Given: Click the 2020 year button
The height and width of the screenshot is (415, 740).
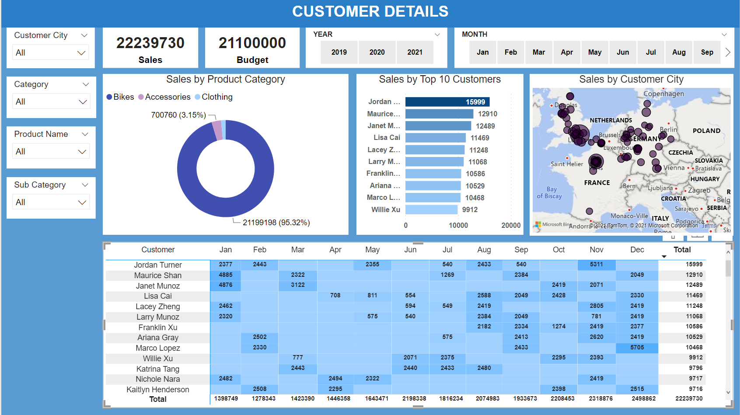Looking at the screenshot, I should (x=377, y=52).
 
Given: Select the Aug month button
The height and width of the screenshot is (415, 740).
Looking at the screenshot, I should (x=679, y=52).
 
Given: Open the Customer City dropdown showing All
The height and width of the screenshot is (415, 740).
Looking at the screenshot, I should (x=51, y=53).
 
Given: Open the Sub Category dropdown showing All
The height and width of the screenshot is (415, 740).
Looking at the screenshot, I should (x=51, y=202).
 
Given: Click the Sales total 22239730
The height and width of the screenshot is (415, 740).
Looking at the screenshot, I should (x=150, y=43).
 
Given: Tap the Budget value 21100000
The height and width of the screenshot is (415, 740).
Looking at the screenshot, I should (x=252, y=43).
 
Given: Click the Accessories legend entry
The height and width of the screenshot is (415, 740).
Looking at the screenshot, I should (x=164, y=97).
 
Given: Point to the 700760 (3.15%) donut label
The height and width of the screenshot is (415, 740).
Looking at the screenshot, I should (x=178, y=115).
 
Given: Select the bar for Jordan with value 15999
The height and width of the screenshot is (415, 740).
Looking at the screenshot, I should (x=447, y=102).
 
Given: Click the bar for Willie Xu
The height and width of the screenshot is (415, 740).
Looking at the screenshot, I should (x=431, y=209).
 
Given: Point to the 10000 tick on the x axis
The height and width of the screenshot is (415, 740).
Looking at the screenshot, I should (x=458, y=226).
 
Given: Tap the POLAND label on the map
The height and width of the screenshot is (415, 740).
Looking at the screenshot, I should (x=706, y=131).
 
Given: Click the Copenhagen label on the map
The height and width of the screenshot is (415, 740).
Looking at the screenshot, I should (x=663, y=94).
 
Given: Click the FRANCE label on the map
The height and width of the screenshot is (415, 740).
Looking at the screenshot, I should (x=597, y=183).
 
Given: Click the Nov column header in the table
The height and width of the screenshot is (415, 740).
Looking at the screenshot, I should (x=596, y=250).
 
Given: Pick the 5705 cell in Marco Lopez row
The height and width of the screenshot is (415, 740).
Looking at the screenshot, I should (x=637, y=348).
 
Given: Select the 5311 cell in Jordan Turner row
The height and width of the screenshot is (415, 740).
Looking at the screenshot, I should (x=596, y=265).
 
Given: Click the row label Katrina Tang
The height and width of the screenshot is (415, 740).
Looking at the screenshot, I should (x=158, y=369).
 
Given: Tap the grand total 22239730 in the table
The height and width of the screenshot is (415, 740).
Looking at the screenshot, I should (x=688, y=399).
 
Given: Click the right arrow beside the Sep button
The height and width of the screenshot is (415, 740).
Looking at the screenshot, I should (x=728, y=52).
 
